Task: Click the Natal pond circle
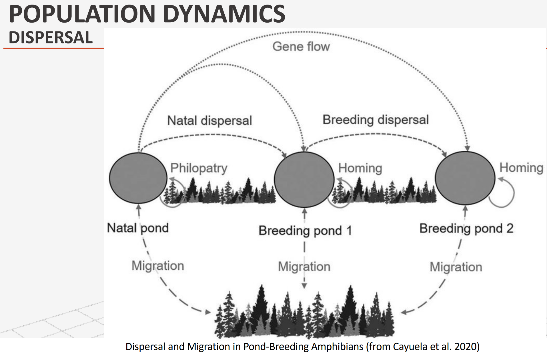[138, 178]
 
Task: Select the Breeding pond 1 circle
[304, 179]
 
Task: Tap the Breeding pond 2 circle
[465, 178]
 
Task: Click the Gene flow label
[301, 46]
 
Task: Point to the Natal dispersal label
[209, 120]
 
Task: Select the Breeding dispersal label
[376, 120]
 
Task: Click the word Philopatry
[199, 168]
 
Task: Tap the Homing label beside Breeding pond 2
[521, 168]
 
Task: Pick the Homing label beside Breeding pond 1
[360, 168]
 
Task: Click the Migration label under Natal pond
[158, 266]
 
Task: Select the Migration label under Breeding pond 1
[304, 267]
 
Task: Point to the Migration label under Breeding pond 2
[456, 267]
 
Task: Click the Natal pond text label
[138, 228]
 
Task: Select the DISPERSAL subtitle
[51, 37]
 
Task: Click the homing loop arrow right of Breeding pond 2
[514, 193]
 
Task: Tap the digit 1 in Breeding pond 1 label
[349, 230]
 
